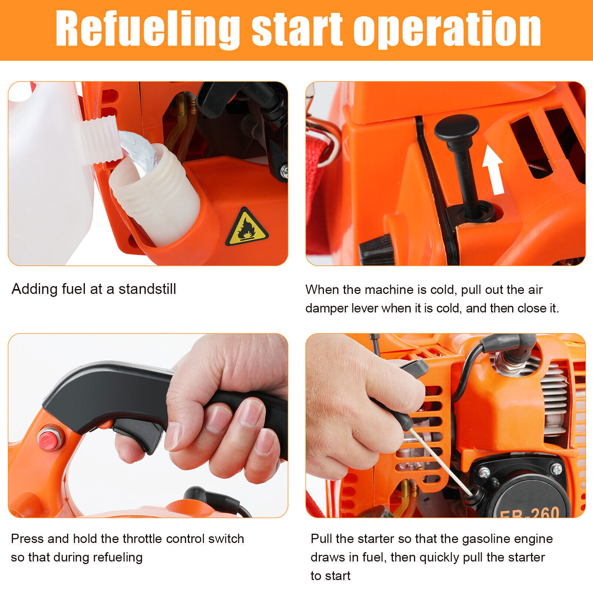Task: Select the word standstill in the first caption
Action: point(147,289)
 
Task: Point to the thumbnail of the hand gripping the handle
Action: point(148,425)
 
